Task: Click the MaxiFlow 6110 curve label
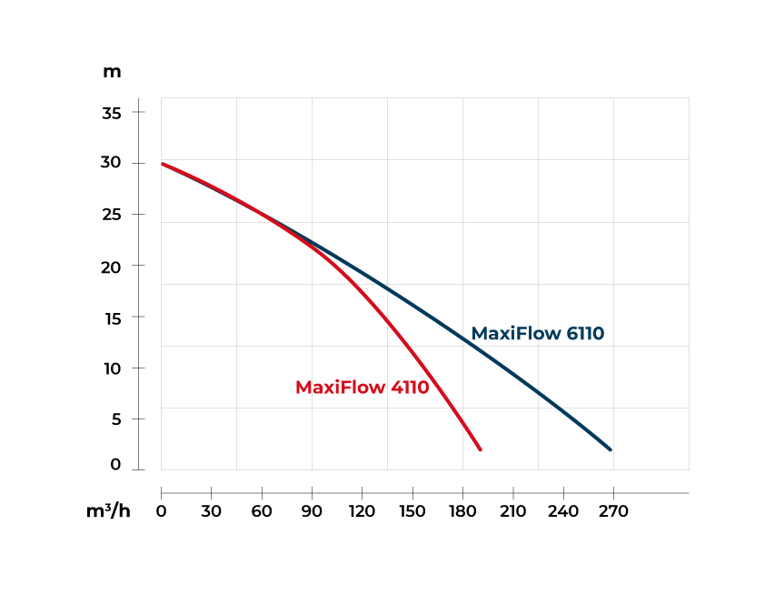click(x=538, y=333)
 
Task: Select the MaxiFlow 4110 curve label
click(x=362, y=388)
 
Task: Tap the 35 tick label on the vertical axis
click(x=111, y=113)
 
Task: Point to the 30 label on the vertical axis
click(x=111, y=163)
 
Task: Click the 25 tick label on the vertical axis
click(x=111, y=215)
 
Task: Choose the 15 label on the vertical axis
click(x=111, y=318)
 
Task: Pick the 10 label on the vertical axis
click(x=111, y=368)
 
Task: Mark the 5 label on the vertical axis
click(x=115, y=419)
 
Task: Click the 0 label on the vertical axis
click(x=115, y=465)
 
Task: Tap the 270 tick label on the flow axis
click(x=613, y=511)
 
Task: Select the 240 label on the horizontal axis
click(x=563, y=511)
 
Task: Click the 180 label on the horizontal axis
click(x=462, y=511)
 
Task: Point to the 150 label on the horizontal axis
click(x=412, y=511)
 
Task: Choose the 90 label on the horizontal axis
click(x=312, y=511)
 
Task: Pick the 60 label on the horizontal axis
click(x=262, y=511)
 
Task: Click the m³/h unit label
click(x=108, y=510)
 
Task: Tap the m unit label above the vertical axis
click(x=112, y=72)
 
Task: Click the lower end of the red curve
click(x=480, y=449)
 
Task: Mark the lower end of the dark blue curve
click(x=610, y=449)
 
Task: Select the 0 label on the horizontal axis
click(x=162, y=511)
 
